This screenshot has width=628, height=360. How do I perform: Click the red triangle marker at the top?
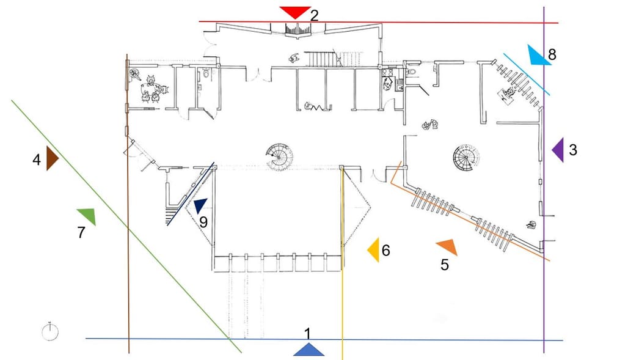(295, 12)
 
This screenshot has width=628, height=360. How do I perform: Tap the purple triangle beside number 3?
(557, 150)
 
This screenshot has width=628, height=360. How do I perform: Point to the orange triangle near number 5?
(447, 246)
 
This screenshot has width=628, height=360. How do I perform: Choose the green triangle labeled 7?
(87, 216)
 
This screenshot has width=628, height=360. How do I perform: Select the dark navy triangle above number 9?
(200, 206)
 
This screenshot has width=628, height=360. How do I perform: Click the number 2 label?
(314, 15)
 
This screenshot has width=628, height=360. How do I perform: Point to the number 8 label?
(552, 54)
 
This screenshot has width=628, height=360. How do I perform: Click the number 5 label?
(445, 265)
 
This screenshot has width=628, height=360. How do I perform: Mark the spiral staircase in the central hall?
(280, 157)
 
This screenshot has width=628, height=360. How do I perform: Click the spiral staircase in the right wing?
(467, 160)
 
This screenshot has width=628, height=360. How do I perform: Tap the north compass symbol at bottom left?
(51, 332)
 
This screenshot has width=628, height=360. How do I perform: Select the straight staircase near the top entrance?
(321, 59)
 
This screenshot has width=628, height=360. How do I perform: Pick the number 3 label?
(572, 150)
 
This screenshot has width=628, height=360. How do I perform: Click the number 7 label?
(81, 233)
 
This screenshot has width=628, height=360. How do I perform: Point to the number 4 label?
(37, 160)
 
